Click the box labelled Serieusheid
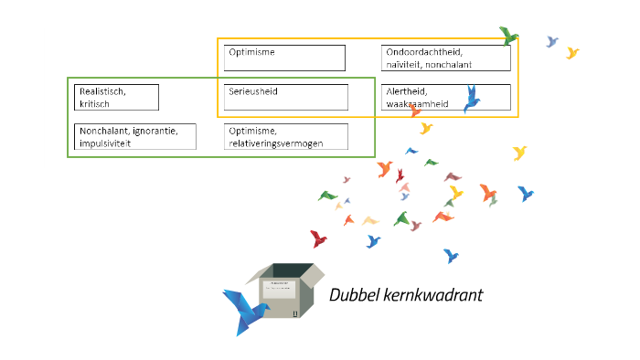[285, 97]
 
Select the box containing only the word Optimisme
[284, 58]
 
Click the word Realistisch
[101, 91]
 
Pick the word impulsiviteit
[105, 143]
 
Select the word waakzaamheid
[418, 104]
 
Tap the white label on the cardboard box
[278, 289]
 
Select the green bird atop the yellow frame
[507, 36]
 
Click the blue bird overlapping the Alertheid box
[472, 99]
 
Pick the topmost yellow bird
[572, 53]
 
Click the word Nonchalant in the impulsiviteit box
[104, 131]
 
